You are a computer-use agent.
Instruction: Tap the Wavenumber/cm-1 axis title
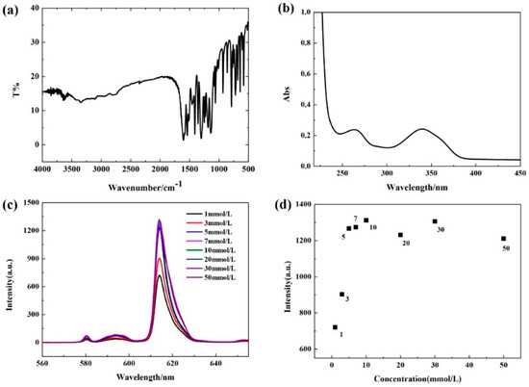tap(145, 186)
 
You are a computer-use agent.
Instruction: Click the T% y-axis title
tap(17, 90)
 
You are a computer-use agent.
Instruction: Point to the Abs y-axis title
tap(287, 94)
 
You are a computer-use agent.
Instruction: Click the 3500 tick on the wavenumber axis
tap(72, 168)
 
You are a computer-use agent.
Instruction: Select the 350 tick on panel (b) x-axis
tap(431, 173)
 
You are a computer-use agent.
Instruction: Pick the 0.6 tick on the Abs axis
tap(305, 74)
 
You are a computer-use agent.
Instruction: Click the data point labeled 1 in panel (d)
tap(335, 327)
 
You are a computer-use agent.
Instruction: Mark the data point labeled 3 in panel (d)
tap(341, 295)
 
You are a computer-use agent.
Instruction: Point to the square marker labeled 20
tap(400, 235)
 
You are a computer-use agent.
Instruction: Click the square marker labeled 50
tap(503, 239)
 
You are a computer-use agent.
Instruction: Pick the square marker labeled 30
tap(435, 221)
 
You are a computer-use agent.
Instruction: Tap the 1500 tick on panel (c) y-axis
tap(32, 202)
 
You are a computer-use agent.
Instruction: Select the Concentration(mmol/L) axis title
tap(417, 379)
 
